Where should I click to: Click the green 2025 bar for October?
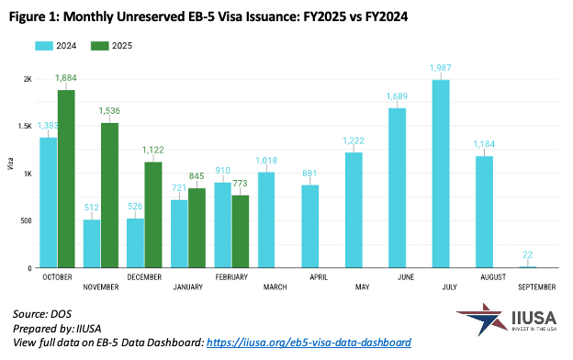66,179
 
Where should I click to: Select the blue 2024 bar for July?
442,174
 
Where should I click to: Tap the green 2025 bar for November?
109,196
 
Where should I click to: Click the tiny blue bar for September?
528,267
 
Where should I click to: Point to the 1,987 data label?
442,69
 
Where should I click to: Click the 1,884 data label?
66,79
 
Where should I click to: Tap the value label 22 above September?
528,254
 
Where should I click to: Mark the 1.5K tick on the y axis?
25,127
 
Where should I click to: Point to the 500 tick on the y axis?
24,220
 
